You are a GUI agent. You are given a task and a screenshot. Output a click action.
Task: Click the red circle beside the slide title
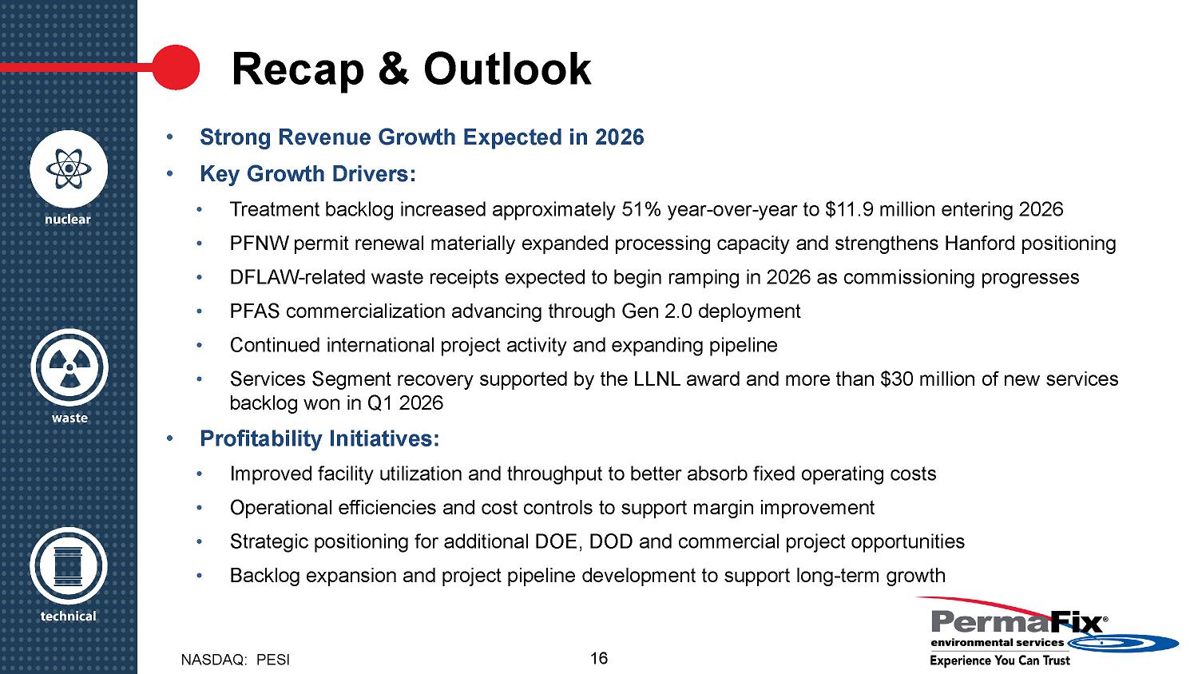[175, 67]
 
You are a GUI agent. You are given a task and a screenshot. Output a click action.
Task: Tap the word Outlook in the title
[507, 69]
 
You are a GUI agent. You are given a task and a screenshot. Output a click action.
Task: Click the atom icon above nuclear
[69, 169]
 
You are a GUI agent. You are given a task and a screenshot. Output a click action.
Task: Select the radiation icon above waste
[69, 368]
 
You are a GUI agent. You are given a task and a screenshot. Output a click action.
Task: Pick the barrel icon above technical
[69, 566]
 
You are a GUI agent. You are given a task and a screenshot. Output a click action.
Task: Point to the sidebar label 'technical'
[69, 617]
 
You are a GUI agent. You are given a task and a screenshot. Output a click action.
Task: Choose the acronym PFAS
[255, 311]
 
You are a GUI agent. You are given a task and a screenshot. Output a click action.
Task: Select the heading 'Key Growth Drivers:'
[307, 174]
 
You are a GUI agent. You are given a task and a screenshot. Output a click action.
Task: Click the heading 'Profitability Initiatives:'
[319, 439]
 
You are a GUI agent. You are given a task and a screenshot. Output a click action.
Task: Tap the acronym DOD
[611, 542]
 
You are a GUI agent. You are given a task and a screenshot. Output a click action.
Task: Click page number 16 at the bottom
[599, 659]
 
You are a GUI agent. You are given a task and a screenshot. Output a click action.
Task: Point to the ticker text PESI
[273, 660]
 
